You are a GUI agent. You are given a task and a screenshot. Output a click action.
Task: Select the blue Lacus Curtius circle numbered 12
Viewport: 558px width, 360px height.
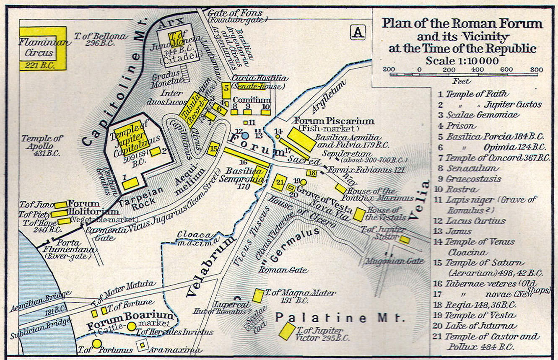[245, 136]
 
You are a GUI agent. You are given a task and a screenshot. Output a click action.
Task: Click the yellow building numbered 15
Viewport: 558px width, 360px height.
[213, 148]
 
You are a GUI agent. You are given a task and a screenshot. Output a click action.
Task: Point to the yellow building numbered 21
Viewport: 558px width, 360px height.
[279, 182]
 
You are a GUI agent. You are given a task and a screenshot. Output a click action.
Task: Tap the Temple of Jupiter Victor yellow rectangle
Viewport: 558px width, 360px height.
[287, 331]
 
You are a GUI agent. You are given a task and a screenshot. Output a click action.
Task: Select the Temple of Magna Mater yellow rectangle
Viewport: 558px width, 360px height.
[258, 295]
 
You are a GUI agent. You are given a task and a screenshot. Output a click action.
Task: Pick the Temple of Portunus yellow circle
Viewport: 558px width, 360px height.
[97, 344]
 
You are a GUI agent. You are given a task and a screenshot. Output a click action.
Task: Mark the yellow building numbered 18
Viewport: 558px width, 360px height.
[311, 173]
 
